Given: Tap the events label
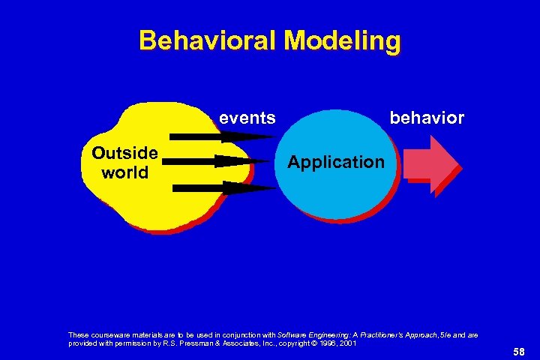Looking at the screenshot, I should pyautogui.click(x=247, y=118).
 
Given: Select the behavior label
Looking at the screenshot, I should pyautogui.click(x=426, y=118).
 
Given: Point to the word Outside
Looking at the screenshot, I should pyautogui.click(x=124, y=154).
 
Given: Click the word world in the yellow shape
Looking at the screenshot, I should pyautogui.click(x=124, y=172).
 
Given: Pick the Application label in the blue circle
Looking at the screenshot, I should pyautogui.click(x=336, y=162).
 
